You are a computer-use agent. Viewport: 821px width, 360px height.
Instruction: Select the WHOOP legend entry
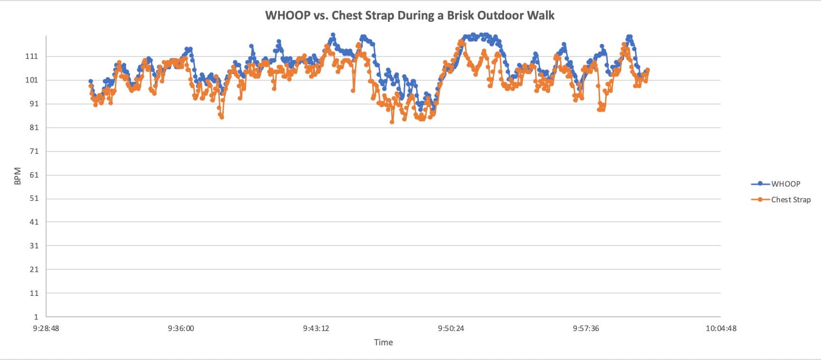tap(785, 184)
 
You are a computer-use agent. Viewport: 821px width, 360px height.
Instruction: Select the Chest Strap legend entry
tap(791, 199)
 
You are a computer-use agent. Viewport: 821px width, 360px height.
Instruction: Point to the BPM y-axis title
tap(18, 176)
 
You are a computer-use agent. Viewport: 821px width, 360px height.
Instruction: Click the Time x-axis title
tap(383, 342)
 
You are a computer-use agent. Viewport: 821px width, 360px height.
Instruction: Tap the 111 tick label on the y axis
tap(31, 57)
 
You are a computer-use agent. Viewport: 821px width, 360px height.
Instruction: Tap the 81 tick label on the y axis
tap(33, 127)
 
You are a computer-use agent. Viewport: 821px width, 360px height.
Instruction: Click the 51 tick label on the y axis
tap(33, 199)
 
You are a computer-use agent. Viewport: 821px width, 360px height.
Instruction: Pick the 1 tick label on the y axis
tap(36, 317)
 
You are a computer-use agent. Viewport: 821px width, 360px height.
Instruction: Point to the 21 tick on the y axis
tap(33, 269)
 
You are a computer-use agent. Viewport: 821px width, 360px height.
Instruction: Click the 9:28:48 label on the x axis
tap(46, 328)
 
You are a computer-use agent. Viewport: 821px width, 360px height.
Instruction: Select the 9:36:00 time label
tap(181, 328)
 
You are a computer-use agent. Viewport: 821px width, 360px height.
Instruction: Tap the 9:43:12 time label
tap(316, 328)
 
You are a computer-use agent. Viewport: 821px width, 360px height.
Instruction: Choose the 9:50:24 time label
tap(451, 328)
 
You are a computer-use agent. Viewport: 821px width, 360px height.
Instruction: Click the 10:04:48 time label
tap(721, 328)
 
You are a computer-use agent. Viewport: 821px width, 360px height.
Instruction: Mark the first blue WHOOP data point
tap(90, 81)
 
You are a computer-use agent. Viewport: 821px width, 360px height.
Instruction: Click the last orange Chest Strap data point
tap(648, 70)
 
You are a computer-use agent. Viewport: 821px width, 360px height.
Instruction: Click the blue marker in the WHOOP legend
tap(760, 184)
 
